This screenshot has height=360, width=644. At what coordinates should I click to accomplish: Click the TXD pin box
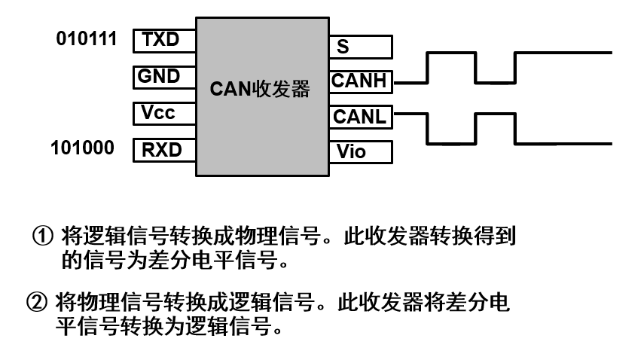coord(164,41)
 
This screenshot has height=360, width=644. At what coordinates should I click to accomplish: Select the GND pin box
coord(164,77)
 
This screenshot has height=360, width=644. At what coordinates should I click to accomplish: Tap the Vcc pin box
coord(164,113)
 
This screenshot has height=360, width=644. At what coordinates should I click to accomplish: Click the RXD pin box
coord(164,149)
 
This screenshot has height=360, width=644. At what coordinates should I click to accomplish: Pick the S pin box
coord(361,47)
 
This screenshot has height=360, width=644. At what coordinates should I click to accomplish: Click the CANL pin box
coord(361,117)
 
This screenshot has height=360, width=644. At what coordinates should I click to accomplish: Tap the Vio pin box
coord(361,151)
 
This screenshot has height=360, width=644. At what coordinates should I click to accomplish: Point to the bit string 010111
coord(87,38)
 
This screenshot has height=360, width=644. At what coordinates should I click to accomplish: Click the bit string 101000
coord(83,148)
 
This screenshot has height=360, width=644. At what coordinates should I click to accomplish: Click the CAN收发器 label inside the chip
coord(260,90)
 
